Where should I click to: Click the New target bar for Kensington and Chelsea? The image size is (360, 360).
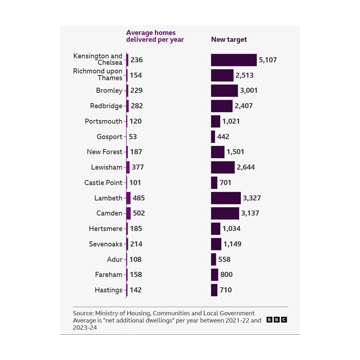233,60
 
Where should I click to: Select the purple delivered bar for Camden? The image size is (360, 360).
128,213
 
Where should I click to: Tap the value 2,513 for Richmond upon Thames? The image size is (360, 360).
245,75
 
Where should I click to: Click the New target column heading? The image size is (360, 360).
229,40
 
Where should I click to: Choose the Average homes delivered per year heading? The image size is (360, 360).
154,36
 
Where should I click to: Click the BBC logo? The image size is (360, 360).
277,320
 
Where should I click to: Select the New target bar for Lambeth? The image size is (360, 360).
226,198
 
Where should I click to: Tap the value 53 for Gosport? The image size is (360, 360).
133,137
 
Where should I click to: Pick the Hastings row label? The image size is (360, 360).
108,290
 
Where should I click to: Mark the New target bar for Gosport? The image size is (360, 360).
213,137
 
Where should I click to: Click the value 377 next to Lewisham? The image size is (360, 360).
138,168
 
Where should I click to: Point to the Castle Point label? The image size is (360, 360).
103,183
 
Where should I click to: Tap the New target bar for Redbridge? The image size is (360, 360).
221,106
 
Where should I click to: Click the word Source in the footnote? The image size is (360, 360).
83,313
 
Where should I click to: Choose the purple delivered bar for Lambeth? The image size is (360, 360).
128,198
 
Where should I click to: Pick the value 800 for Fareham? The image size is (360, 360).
226,275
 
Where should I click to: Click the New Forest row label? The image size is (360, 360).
104,152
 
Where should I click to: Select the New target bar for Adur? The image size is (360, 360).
213,259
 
